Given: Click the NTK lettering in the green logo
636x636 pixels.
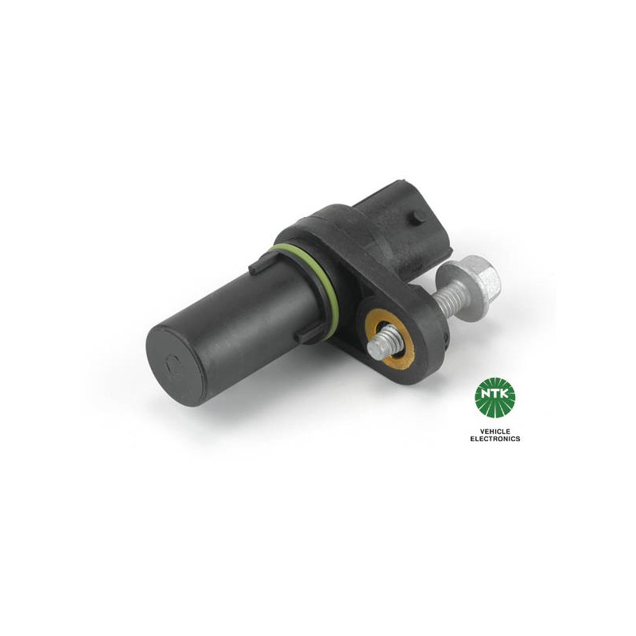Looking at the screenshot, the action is pos(494,393).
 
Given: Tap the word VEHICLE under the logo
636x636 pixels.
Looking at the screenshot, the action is pos(494,432).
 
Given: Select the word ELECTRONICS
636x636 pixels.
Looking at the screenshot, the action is pos(494,439).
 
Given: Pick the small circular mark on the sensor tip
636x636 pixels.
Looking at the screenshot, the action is pos(173,363).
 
